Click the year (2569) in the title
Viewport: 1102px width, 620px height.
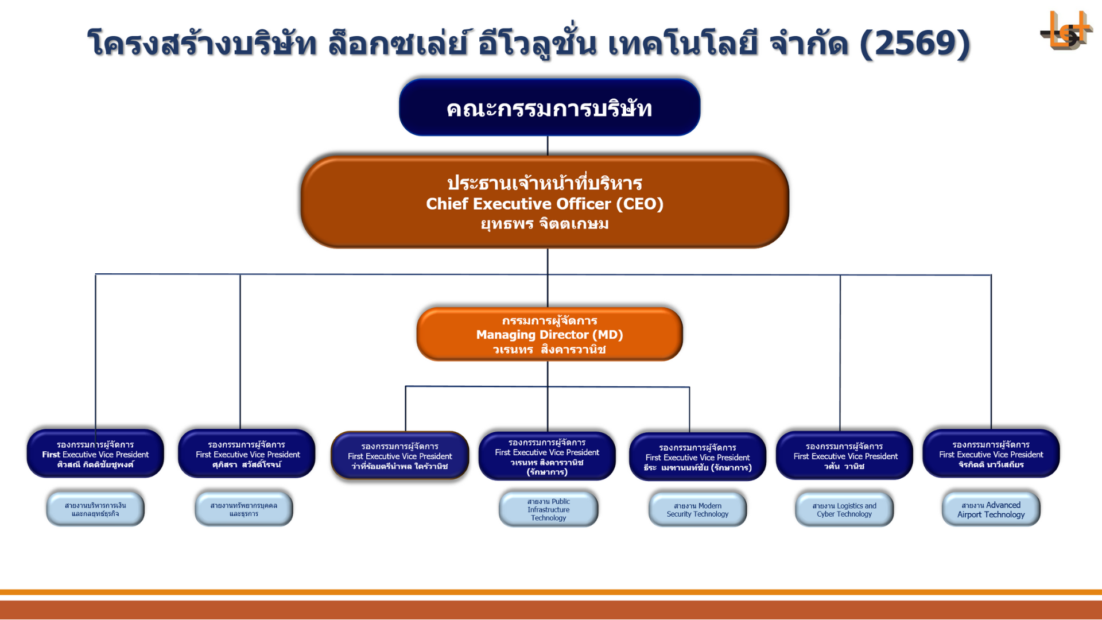coord(914,43)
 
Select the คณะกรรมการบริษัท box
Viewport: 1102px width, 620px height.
coord(549,108)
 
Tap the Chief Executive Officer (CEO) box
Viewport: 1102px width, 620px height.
coord(544,202)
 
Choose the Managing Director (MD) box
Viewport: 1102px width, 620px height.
coord(549,334)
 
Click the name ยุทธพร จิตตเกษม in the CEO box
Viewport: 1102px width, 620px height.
coord(544,224)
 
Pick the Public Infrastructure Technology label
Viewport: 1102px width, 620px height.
coord(548,509)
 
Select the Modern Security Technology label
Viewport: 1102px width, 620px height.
coord(697,510)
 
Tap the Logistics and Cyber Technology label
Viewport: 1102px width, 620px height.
coord(844,510)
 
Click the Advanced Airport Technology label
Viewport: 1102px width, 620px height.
coord(991,510)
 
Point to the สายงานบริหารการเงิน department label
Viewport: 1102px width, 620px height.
coord(95,509)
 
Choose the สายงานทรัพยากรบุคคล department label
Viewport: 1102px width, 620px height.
coord(244,509)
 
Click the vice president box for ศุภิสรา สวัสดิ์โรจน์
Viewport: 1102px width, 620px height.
coord(247,454)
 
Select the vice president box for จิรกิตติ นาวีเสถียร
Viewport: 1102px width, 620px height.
coord(991,454)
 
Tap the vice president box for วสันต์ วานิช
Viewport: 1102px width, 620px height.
coord(844,456)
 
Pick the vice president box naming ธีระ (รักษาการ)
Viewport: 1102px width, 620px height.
coord(697,457)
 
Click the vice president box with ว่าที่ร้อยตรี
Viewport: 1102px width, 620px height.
coord(399,456)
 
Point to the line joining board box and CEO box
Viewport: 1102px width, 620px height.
coord(548,146)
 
